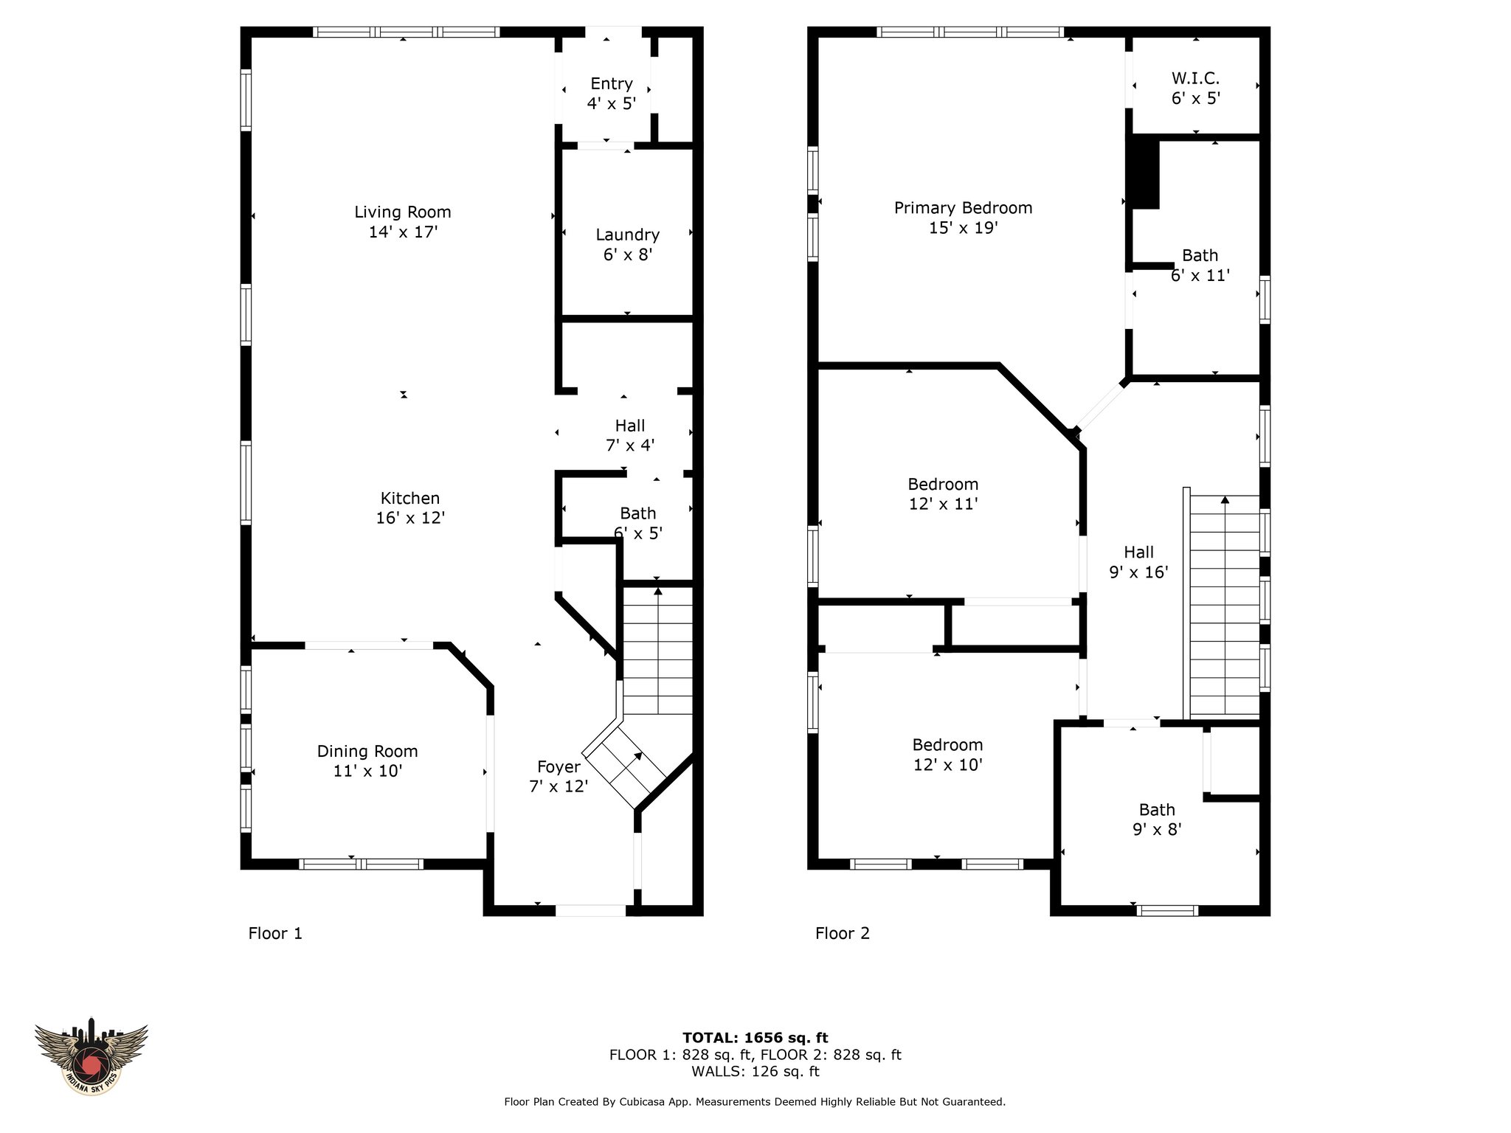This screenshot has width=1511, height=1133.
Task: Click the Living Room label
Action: [x=402, y=212]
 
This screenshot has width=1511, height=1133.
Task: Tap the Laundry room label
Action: [x=627, y=235]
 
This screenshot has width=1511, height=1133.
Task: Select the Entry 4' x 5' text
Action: [x=611, y=94]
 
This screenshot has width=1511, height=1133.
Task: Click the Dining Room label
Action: [x=367, y=752]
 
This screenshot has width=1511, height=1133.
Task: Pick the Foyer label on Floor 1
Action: [x=559, y=767]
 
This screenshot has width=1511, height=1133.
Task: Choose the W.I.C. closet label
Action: [x=1195, y=78]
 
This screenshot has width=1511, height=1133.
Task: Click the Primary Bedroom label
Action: [x=963, y=208]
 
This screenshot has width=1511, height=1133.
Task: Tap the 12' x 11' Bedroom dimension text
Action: [x=943, y=505]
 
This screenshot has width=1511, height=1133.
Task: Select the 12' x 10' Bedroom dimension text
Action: [x=947, y=765]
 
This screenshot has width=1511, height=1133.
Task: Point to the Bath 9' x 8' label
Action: [x=1157, y=820]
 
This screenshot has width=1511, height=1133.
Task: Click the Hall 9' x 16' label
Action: [x=1138, y=562]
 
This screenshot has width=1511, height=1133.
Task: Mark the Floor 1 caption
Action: [x=275, y=934]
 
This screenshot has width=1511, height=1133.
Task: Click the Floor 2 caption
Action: [x=843, y=934]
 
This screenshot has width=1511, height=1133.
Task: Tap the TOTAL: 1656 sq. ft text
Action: [x=755, y=1039]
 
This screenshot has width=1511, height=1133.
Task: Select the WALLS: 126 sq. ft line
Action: [x=755, y=1072]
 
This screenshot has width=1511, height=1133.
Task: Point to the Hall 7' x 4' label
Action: [x=630, y=435]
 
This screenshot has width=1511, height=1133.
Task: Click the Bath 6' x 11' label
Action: [x=1200, y=266]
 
